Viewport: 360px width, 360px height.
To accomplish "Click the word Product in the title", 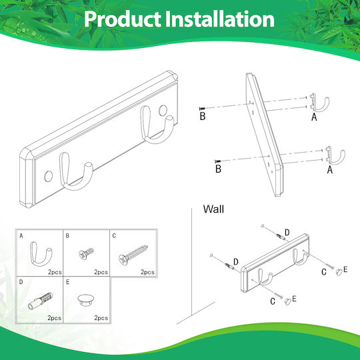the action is click(x=123, y=19).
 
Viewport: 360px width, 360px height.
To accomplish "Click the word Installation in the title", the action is click(x=220, y=19).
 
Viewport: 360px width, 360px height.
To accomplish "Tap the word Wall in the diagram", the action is click(x=213, y=209).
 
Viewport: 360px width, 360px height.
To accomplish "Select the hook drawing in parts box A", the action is click(x=41, y=253).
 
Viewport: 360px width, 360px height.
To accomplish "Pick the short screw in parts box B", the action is click(x=86, y=253).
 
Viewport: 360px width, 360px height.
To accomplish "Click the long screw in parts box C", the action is click(x=133, y=255).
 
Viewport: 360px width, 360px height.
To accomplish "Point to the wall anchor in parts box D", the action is click(x=40, y=301).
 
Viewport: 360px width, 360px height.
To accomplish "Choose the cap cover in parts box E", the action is click(x=85, y=299).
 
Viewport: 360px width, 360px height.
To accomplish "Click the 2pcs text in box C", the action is click(x=147, y=272).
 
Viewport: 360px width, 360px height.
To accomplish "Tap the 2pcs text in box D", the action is click(x=55, y=318).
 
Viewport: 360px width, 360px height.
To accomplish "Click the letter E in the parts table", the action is click(x=68, y=282).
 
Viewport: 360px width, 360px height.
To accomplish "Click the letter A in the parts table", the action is click(x=21, y=236).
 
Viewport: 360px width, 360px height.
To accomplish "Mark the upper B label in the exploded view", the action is click(x=203, y=116).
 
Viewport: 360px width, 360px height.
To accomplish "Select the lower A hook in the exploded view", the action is click(x=335, y=156).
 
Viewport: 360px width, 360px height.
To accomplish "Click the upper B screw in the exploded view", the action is click(x=202, y=109).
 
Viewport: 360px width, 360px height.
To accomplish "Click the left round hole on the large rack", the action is click(x=48, y=176).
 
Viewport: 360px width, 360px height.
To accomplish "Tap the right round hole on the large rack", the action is click(x=163, y=111).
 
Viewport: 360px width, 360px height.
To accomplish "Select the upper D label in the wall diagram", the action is click(x=287, y=233).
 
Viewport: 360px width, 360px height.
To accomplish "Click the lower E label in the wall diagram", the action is click(x=294, y=299).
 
